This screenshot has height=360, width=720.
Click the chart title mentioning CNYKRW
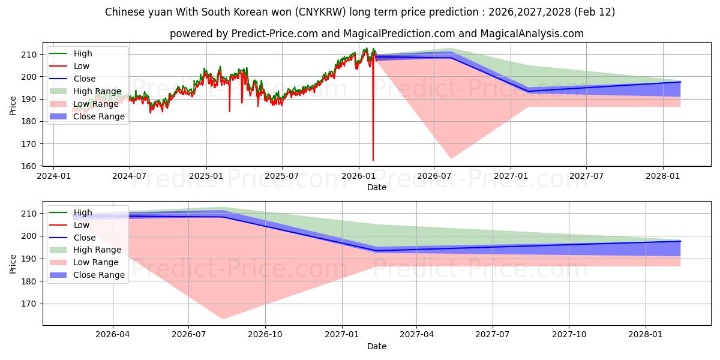360,12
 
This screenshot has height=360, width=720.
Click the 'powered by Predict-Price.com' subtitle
376,34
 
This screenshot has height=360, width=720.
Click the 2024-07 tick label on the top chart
130,176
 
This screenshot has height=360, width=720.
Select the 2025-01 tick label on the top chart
206,176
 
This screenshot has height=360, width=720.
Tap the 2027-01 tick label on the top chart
511,176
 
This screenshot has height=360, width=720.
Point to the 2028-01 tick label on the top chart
663,176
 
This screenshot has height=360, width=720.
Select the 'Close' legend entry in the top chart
85,79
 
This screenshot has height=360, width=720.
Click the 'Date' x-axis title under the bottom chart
376,346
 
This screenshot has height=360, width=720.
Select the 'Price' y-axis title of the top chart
13,106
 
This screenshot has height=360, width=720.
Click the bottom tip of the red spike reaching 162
373,160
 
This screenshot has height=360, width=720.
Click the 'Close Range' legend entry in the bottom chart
99,275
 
